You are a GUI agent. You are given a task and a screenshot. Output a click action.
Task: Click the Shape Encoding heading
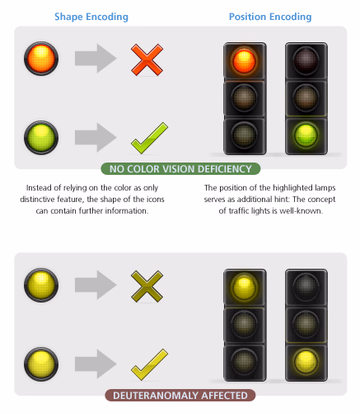91,17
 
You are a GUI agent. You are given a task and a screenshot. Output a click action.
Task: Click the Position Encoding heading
270,17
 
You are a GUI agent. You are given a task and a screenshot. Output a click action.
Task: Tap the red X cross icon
147,60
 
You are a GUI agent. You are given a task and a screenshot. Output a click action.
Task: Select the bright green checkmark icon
149,138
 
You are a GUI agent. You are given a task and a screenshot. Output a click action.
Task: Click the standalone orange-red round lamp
41,58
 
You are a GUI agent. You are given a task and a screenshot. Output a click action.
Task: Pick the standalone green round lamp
41,137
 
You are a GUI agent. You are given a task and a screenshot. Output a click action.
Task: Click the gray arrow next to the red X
96,58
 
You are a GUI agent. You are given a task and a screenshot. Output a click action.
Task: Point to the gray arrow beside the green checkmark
96,137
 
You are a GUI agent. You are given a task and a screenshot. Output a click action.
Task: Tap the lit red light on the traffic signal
244,61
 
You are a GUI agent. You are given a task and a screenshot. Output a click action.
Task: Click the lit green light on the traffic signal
306,135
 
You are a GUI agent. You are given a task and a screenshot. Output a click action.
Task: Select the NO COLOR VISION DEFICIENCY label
180,169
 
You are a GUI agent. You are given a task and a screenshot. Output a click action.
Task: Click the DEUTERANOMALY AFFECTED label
180,395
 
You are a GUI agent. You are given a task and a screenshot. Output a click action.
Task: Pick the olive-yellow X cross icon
147,287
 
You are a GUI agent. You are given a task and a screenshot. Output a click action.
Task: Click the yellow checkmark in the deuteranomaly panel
149,365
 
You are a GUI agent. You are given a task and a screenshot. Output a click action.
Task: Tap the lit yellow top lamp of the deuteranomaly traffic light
244,287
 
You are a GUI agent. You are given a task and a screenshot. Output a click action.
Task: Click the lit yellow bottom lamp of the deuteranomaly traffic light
306,361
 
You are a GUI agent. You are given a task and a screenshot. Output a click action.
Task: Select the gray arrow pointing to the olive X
96,285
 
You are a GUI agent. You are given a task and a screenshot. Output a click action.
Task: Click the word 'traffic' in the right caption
240,211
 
